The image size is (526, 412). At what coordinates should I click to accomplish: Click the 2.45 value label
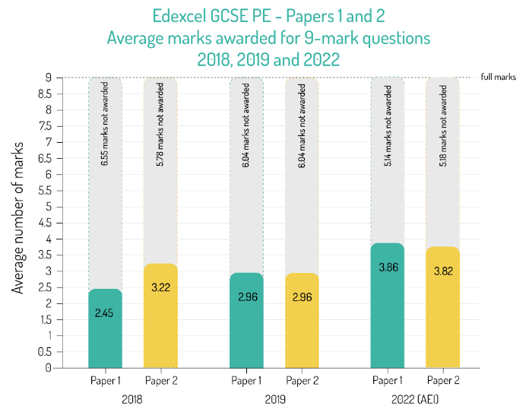105,312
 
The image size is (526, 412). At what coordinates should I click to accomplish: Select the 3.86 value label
388,268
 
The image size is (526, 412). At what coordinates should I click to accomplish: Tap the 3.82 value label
442,271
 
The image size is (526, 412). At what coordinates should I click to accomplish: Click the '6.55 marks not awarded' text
105,136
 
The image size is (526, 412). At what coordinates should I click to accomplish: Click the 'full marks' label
498,78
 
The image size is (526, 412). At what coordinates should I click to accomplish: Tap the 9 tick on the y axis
48,78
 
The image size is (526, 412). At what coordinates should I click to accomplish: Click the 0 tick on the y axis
48,368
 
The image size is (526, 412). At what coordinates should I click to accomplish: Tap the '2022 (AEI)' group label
414,398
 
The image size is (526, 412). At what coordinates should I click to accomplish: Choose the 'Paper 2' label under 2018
160,380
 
